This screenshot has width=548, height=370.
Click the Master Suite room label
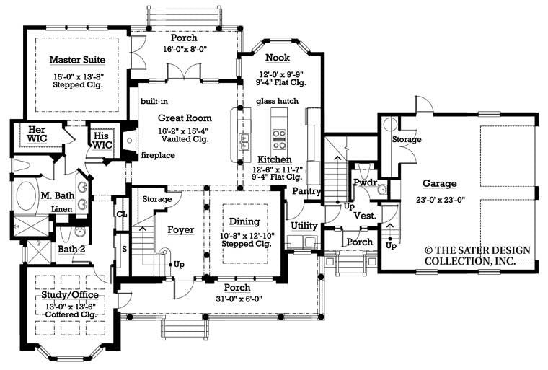77,59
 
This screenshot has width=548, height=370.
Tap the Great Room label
185,118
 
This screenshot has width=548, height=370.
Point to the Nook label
278,57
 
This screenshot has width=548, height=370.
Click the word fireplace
158,155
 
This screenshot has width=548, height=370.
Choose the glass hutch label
277,101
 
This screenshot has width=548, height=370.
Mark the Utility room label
304,226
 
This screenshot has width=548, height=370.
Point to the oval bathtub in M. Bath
27,195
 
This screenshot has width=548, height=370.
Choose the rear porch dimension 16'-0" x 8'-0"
183,50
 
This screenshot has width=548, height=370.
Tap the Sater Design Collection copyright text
477,255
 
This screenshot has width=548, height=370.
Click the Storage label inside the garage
407,139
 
